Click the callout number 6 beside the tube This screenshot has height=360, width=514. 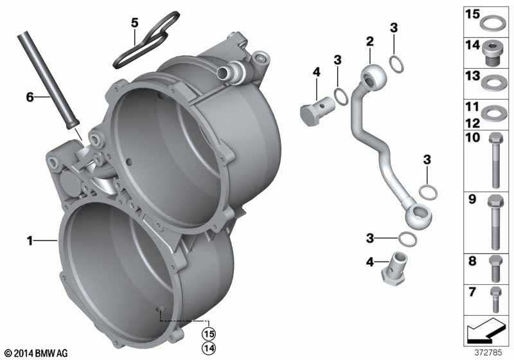tap(30, 97)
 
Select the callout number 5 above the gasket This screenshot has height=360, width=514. tap(134, 22)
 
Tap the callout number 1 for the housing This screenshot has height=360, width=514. tap(30, 241)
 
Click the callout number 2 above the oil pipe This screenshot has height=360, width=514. tap(370, 41)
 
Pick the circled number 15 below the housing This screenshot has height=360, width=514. tap(209, 334)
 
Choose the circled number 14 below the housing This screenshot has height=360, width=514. tap(209, 348)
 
